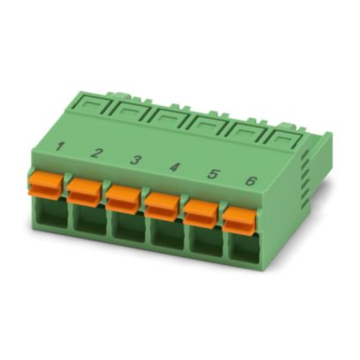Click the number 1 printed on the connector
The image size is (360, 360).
coord(60,146)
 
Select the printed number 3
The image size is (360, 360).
coord(135,160)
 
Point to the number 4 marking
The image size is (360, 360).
coord(174,167)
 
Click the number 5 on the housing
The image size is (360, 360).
coord(212,174)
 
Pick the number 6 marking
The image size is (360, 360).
coord(250,181)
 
